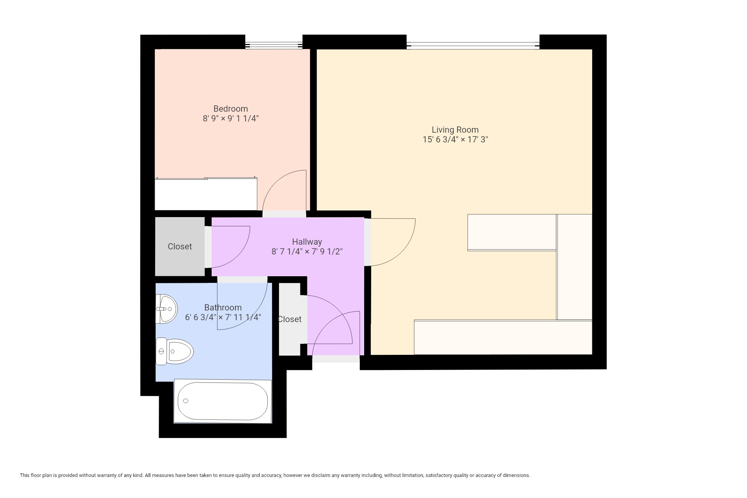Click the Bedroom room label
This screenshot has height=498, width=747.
click(230, 109)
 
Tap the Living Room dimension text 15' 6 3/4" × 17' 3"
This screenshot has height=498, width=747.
click(455, 139)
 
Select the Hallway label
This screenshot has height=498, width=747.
click(307, 242)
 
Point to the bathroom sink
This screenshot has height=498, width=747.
click(166, 309)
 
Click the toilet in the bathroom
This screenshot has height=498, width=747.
click(174, 351)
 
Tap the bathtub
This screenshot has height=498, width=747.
click(223, 401)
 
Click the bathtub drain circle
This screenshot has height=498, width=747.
click(186, 401)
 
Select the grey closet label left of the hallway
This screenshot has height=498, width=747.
click(180, 246)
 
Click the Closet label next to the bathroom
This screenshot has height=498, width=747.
click(289, 319)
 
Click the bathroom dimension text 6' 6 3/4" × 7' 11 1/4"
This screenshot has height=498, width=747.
click(223, 317)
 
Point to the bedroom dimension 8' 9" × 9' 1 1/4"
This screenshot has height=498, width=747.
click(231, 119)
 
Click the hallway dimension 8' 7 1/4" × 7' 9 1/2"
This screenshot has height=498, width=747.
click(307, 252)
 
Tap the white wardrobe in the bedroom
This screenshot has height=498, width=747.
click(206, 194)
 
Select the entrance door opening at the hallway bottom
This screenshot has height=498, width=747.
click(336, 359)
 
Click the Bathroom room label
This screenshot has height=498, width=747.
click(223, 308)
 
